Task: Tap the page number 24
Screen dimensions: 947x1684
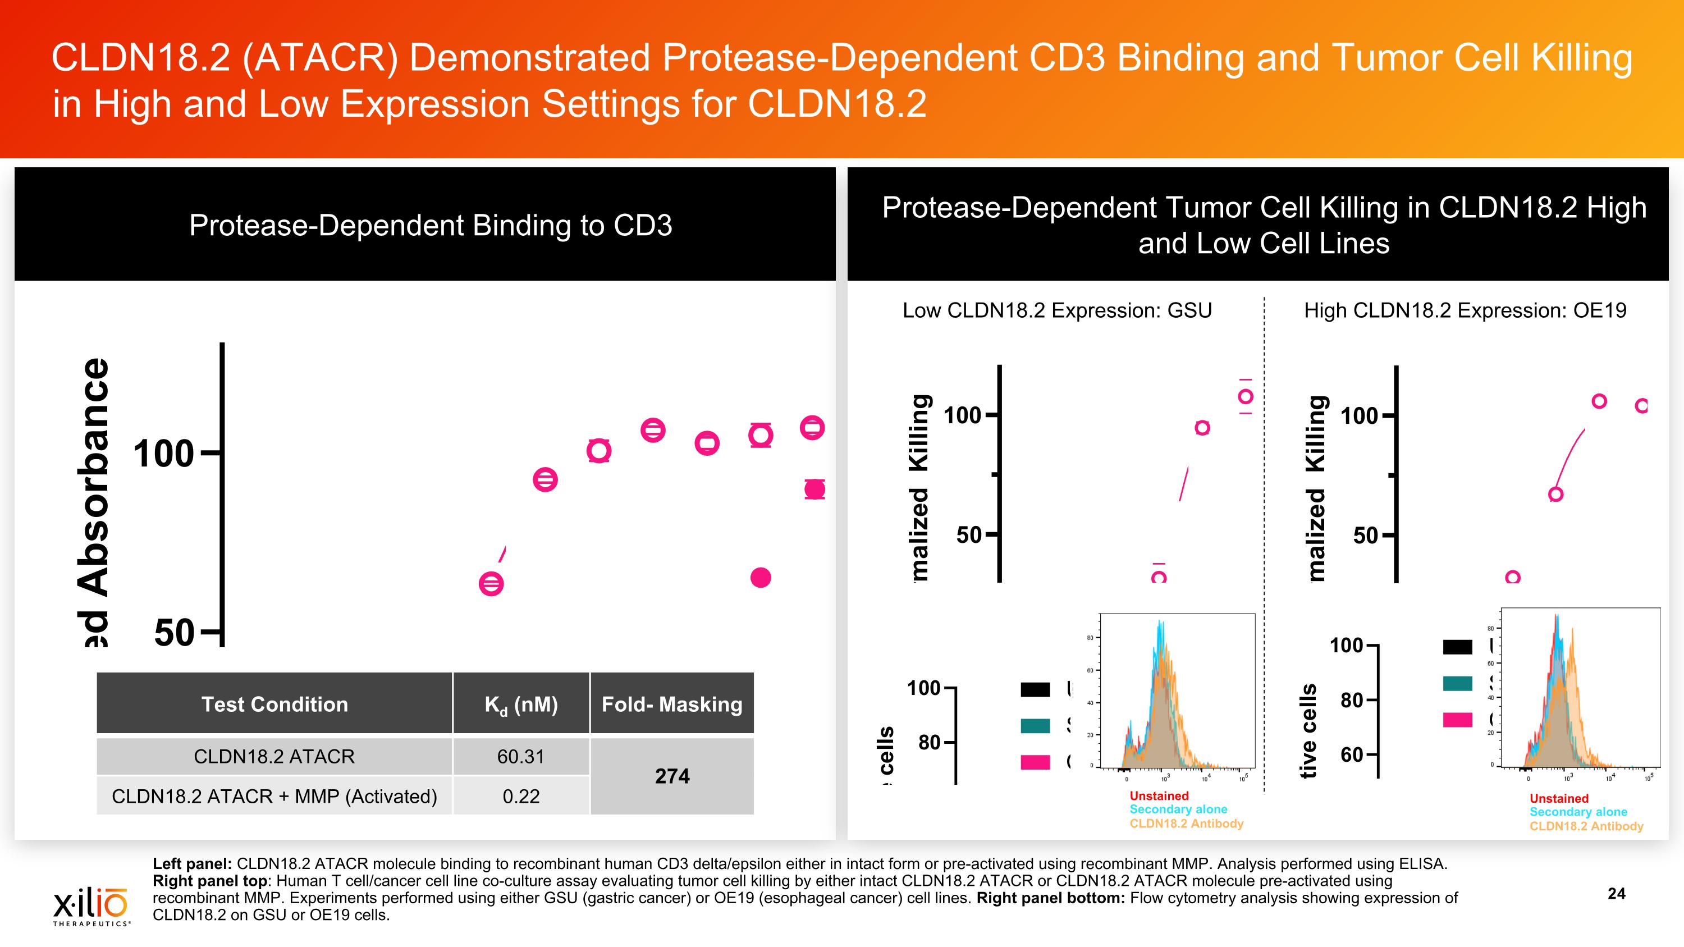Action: coord(1616,894)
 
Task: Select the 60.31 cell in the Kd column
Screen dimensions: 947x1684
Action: coord(520,756)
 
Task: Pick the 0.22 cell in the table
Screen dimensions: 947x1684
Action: coord(521,796)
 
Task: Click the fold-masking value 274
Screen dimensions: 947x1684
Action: coord(672,776)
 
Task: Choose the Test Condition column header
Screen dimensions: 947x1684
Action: coord(274,704)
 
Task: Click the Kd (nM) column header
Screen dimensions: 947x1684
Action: coord(521,704)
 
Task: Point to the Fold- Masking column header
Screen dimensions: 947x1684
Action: coord(672,704)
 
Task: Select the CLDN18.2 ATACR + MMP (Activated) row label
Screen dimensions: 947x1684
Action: coord(274,796)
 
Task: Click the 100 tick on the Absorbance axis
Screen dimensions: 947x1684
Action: coord(163,454)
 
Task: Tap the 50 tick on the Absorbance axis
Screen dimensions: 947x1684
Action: coord(175,633)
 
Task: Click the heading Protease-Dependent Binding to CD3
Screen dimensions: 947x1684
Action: coord(430,226)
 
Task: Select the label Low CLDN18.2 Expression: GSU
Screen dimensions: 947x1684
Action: coord(1057,310)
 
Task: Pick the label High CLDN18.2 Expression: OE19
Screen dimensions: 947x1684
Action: coord(1465,310)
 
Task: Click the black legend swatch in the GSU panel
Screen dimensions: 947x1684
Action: coord(1036,689)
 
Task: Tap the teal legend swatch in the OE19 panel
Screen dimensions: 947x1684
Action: coord(1457,683)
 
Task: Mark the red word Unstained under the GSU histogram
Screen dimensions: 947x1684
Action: coord(1159,795)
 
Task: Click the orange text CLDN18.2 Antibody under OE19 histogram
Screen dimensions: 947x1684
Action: coord(1586,826)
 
